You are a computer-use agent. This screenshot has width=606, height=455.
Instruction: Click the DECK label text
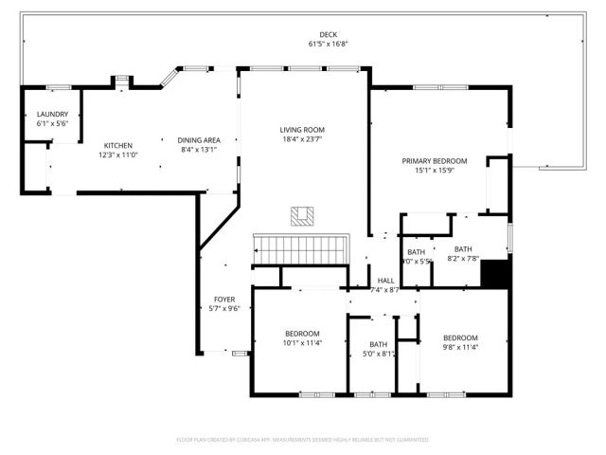point(302,34)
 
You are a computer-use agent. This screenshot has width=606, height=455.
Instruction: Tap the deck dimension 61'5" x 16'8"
point(302,44)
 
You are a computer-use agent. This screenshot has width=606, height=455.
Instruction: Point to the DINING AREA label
point(199,140)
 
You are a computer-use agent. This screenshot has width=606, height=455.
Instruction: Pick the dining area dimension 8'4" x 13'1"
point(199,150)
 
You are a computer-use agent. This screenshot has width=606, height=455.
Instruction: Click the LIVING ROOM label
point(302,130)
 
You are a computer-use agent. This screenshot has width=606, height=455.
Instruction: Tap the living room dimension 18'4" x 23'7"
point(302,139)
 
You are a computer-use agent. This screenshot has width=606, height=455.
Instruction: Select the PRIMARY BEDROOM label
point(434,161)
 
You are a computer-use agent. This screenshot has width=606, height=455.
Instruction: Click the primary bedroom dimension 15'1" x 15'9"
point(434,171)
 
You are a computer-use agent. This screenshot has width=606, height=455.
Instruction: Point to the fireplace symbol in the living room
point(303,216)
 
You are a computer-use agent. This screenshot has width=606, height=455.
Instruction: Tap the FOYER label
point(223,299)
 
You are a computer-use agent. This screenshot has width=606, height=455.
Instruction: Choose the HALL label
point(385,281)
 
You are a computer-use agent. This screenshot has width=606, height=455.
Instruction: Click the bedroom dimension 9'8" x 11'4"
point(461,348)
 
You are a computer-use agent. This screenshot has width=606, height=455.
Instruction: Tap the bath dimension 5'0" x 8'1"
point(379,354)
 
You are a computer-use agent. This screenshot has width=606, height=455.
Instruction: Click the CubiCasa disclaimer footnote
point(302,440)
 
